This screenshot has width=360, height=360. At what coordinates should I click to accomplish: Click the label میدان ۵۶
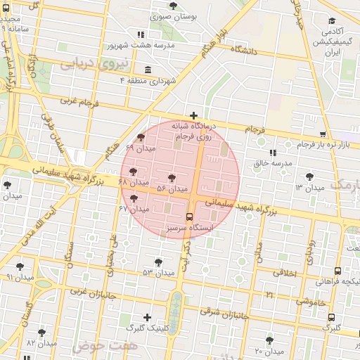point(172,188)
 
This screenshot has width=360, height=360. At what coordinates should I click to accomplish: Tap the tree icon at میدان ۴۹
point(141,138)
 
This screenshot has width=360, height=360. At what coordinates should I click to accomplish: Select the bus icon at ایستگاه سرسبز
point(189,217)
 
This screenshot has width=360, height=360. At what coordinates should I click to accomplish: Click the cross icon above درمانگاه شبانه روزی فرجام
point(193,115)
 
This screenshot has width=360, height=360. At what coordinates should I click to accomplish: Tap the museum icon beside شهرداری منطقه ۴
point(147,70)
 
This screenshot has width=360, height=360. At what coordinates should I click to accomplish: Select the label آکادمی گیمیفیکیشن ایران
point(331,42)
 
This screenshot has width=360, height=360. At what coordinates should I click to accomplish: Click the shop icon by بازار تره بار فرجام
point(323,134)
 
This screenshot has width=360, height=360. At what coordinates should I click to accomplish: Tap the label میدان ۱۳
point(309,188)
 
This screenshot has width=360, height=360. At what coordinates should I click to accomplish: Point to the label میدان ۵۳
point(157,272)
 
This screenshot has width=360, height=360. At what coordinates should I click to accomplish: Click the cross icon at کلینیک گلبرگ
point(147,317)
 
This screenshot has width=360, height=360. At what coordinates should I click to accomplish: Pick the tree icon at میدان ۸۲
point(41,332)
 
